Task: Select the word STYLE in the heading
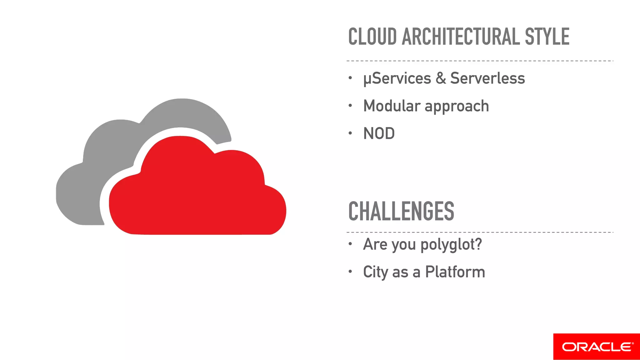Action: [547, 37]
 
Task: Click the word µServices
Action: [397, 78]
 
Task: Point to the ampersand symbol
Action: [441, 78]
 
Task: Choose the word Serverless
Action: [487, 78]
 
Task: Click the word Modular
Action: [392, 106]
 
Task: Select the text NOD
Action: [379, 133]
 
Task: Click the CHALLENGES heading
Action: [401, 211]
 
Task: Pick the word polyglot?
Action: [451, 245]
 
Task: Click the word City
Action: [376, 272]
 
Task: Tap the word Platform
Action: [455, 272]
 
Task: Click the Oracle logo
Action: [597, 347]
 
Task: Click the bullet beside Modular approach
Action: [350, 106]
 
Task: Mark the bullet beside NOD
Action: [350, 133]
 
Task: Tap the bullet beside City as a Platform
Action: [350, 272]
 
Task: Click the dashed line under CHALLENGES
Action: [480, 232]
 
